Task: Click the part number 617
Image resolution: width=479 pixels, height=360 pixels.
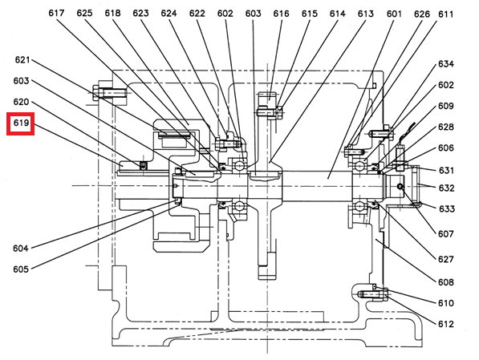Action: tap(56, 13)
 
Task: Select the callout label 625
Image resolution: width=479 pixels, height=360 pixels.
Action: tap(84, 13)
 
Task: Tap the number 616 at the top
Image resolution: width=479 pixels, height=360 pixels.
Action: tap(281, 14)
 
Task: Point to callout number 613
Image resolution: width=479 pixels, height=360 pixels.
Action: tap(366, 14)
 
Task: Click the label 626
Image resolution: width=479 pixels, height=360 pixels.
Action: tap(422, 14)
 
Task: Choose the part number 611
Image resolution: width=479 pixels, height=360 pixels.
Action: tap(445, 14)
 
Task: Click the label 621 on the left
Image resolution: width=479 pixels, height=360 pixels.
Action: tap(22, 60)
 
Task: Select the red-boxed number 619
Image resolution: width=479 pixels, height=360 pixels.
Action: tap(21, 123)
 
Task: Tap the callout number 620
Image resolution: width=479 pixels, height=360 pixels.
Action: tap(21, 102)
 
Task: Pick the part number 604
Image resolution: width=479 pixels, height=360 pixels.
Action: tap(21, 249)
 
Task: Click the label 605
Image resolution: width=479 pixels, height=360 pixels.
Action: tap(21, 269)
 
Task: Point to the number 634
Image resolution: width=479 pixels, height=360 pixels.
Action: tap(446, 64)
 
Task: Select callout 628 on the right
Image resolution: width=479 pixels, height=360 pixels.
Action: tap(446, 127)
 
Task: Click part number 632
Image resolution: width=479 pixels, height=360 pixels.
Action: tap(447, 188)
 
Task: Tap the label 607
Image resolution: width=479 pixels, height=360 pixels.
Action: tap(446, 234)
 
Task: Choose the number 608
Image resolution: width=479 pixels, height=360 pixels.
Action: tap(446, 282)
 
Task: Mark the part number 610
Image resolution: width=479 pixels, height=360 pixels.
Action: tap(446, 303)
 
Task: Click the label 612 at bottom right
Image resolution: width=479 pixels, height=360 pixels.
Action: tap(446, 324)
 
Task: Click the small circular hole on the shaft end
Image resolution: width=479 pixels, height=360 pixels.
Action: tap(400, 186)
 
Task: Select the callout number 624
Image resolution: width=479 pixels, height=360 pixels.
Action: tap(169, 14)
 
